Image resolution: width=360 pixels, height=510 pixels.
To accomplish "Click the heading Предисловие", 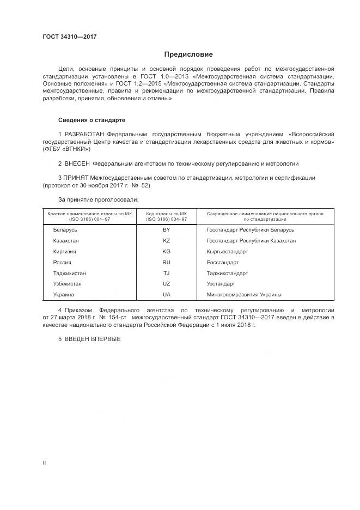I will [188, 54].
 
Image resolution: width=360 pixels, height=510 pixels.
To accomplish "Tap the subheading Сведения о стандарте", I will [92, 119].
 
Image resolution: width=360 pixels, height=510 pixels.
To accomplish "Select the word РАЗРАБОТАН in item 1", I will [85, 134].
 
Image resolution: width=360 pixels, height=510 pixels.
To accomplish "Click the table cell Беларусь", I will [65, 230].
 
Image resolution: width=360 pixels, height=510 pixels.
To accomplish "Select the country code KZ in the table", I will [167, 240].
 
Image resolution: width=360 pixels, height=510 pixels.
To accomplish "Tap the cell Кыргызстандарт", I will [227, 251].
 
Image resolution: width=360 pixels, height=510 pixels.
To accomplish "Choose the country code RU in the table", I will [167, 262].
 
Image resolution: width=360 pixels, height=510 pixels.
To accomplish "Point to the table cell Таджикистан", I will [69, 273].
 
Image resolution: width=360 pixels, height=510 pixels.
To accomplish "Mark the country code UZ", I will [167, 284].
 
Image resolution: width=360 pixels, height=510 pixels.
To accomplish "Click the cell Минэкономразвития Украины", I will [244, 294].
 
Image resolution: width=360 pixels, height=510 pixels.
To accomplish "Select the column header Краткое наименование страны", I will [90, 214].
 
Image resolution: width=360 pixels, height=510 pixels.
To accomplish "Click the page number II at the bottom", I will [45, 463].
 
